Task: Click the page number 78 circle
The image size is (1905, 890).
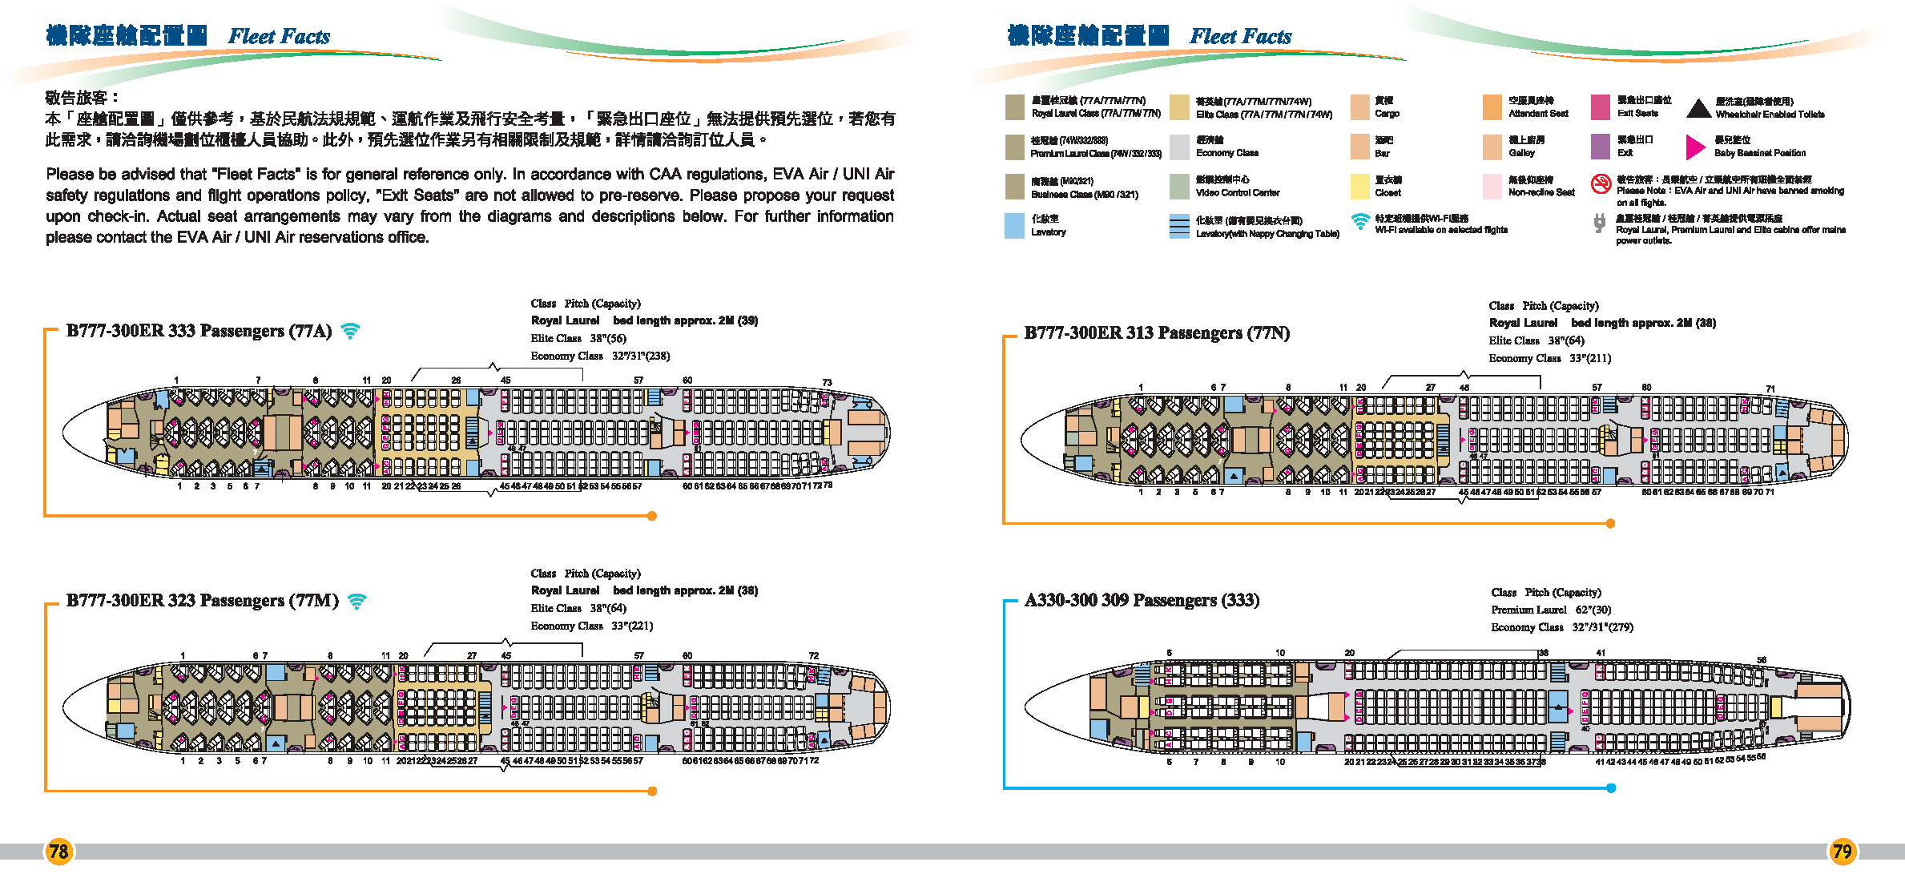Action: (58, 851)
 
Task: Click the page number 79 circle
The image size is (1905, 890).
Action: (1843, 851)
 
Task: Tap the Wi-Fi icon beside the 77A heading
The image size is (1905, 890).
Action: (350, 330)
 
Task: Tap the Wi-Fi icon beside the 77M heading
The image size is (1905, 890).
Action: (357, 601)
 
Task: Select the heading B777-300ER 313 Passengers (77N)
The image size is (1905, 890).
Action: (1156, 332)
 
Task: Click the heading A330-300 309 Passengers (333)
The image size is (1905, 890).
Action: (1142, 600)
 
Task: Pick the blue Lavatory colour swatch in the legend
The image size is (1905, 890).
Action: (1014, 225)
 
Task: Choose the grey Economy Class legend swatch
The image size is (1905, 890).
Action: (1179, 147)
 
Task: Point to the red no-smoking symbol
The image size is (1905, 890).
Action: (1600, 184)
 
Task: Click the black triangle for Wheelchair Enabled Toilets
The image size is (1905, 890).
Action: (1698, 108)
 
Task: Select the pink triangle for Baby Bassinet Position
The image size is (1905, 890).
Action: (1695, 147)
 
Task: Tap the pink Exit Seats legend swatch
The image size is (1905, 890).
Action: (1600, 107)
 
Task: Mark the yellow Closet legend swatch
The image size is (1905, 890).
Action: (1359, 186)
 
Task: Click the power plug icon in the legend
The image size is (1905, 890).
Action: (1600, 224)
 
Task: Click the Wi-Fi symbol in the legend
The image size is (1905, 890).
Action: (1360, 221)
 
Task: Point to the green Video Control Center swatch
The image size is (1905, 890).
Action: (1179, 186)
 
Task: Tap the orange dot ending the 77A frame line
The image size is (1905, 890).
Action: (652, 516)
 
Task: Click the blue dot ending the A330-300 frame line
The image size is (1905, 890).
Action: (1611, 788)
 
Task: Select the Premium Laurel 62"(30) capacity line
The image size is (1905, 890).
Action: (1550, 610)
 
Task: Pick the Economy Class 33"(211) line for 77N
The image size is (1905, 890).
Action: (1549, 358)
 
